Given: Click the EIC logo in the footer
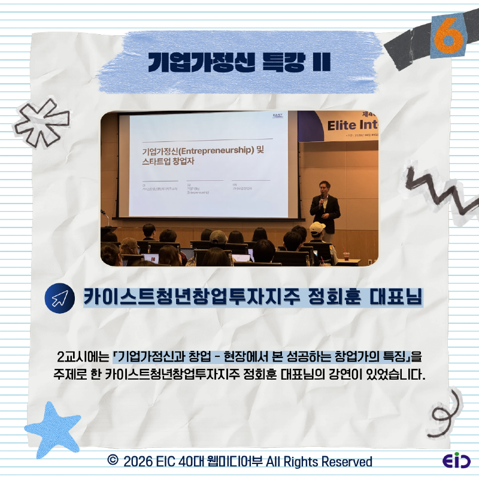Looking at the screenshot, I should [457, 461].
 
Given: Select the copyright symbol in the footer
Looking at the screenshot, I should [112, 461].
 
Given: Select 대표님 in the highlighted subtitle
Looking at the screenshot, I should [397, 298].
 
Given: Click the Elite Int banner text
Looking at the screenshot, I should [353, 126].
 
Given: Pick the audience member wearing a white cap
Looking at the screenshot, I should [317, 231].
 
